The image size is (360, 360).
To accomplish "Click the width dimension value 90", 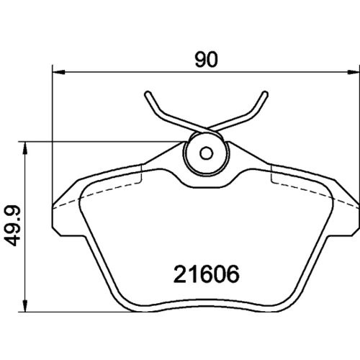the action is (x=206, y=60).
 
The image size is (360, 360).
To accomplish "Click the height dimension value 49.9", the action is (x=13, y=225).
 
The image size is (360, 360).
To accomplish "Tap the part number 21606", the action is (x=207, y=274).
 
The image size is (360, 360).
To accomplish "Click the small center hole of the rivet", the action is (x=206, y=153).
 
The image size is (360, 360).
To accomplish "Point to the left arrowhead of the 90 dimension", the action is (x=58, y=72).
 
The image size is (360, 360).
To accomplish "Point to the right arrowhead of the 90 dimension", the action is (x=354, y=72).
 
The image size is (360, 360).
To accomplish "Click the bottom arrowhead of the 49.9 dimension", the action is (x=25, y=305).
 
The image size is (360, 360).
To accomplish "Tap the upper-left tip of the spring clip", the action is (x=148, y=94).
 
